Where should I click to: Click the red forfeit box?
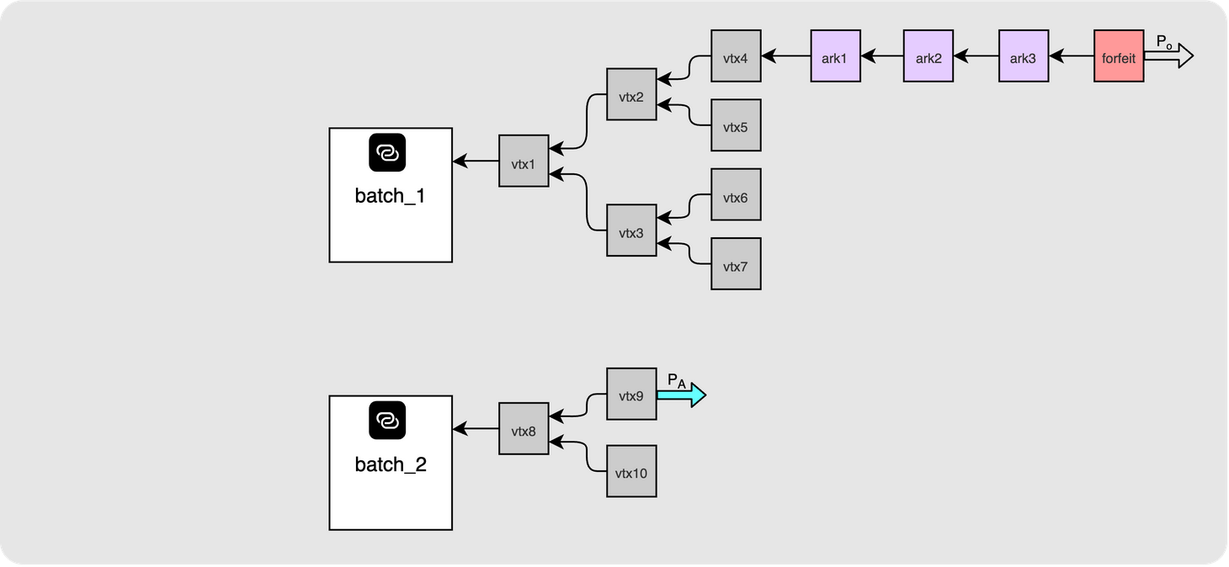coord(1119,56)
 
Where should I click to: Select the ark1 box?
coord(836,56)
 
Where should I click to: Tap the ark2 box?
coord(928,56)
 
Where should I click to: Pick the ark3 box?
coord(1024,56)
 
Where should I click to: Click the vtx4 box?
coord(737,56)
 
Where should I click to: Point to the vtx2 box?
coord(631,94)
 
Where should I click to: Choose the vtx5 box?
coord(737,125)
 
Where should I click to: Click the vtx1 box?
coord(524,161)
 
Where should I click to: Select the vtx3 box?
coord(631,231)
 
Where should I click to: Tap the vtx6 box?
coord(737,194)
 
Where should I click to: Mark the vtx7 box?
coord(737,264)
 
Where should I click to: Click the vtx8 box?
coord(524,429)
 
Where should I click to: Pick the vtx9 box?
coord(631,395)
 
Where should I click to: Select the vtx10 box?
coord(631,472)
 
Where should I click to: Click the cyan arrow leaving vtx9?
coord(682,395)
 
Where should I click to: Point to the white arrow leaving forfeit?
coord(1168,56)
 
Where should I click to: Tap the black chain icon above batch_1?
coord(387,152)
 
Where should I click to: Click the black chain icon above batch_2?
coord(387,421)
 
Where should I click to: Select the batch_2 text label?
coord(391,465)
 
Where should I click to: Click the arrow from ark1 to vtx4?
coord(786,56)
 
